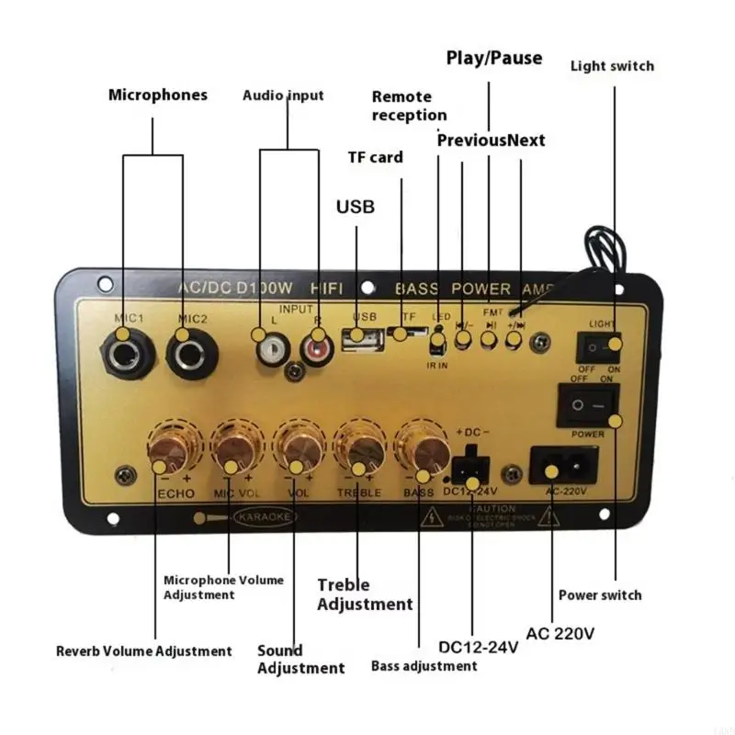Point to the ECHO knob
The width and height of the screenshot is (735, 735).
[172, 448]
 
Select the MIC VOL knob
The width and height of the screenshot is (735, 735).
[235, 448]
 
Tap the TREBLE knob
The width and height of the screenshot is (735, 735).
[359, 448]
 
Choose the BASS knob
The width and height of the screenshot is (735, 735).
[420, 448]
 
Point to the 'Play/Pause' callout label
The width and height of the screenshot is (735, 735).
[494, 58]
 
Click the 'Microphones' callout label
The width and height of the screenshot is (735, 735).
[158, 95]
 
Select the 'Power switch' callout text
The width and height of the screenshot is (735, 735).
[600, 595]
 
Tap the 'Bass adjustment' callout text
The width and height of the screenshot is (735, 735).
[424, 665]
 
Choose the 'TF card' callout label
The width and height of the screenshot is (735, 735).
[375, 157]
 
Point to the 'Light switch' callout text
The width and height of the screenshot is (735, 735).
[612, 65]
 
